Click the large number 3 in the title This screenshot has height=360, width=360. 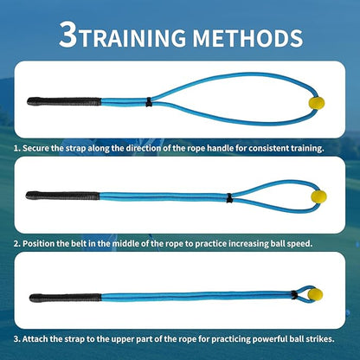click(71, 35)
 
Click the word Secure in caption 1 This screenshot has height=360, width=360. click(41, 149)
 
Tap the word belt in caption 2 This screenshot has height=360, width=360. click(93, 243)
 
